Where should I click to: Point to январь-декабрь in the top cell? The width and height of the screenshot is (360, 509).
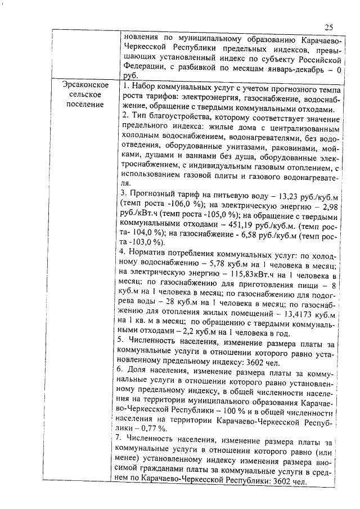(x=290, y=69)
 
